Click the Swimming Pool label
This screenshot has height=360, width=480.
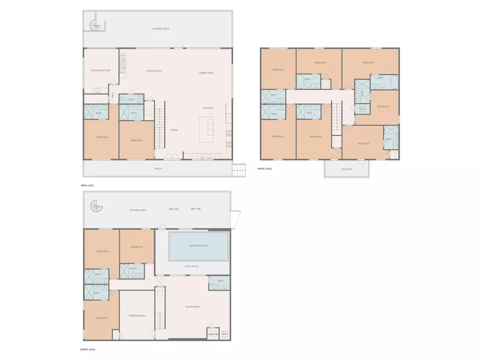point(198,246)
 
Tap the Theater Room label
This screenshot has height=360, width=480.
point(137,316)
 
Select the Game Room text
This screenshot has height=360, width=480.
point(193,307)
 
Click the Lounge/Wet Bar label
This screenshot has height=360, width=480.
point(100,70)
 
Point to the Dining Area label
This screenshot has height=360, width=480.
point(206,73)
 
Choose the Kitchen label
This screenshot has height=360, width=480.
point(208,108)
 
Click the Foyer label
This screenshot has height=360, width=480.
point(174,130)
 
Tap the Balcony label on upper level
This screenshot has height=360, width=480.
point(346,169)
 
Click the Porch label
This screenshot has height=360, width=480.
point(158,169)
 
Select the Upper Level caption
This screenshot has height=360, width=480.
point(265,169)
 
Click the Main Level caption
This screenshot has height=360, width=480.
point(88,186)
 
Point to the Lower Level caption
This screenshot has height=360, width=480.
point(88,349)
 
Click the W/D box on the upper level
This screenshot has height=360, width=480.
point(363,109)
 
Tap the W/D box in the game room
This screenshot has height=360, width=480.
point(224,334)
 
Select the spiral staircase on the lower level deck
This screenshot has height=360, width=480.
point(96,206)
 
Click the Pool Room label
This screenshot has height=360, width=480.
point(192,266)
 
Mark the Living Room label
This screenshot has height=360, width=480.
point(154,71)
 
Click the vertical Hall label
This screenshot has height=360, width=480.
point(112,94)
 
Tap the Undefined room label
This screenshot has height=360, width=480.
point(213,334)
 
